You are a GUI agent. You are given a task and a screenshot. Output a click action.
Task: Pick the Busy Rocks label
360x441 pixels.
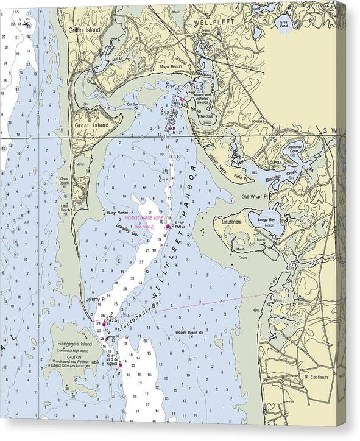pos(115,213)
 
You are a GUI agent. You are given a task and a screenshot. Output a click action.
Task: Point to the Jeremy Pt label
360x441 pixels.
pos(96,300)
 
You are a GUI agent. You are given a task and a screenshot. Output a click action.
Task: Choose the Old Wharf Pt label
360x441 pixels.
pos(255,197)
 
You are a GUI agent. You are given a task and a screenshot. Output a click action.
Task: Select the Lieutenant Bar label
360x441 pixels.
pos(137,317)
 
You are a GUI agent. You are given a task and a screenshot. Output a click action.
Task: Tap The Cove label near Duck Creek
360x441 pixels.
pos(206,117)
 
